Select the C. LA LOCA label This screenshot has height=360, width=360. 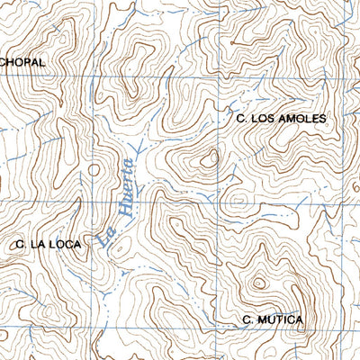tap(49, 243)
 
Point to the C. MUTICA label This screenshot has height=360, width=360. tap(273, 319)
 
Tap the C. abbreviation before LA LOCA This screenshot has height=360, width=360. tap(21, 243)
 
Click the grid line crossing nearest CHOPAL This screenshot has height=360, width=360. tap(93, 77)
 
